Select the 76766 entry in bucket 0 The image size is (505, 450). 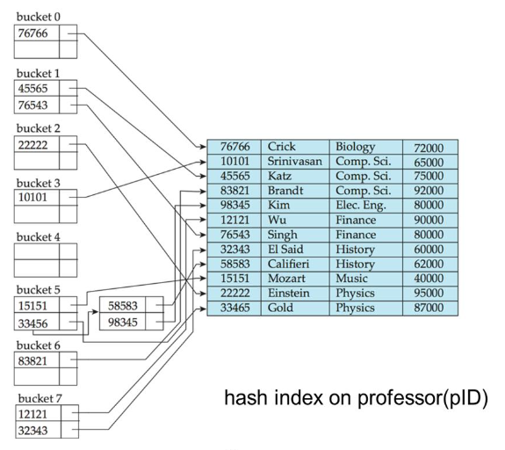coord(36,33)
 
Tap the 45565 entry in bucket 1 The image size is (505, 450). coord(36,88)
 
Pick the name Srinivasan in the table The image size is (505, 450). coord(296,163)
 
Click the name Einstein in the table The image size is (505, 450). coord(290,293)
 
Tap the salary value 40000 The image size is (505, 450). coord(423,278)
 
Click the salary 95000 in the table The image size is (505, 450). coord(423,293)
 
